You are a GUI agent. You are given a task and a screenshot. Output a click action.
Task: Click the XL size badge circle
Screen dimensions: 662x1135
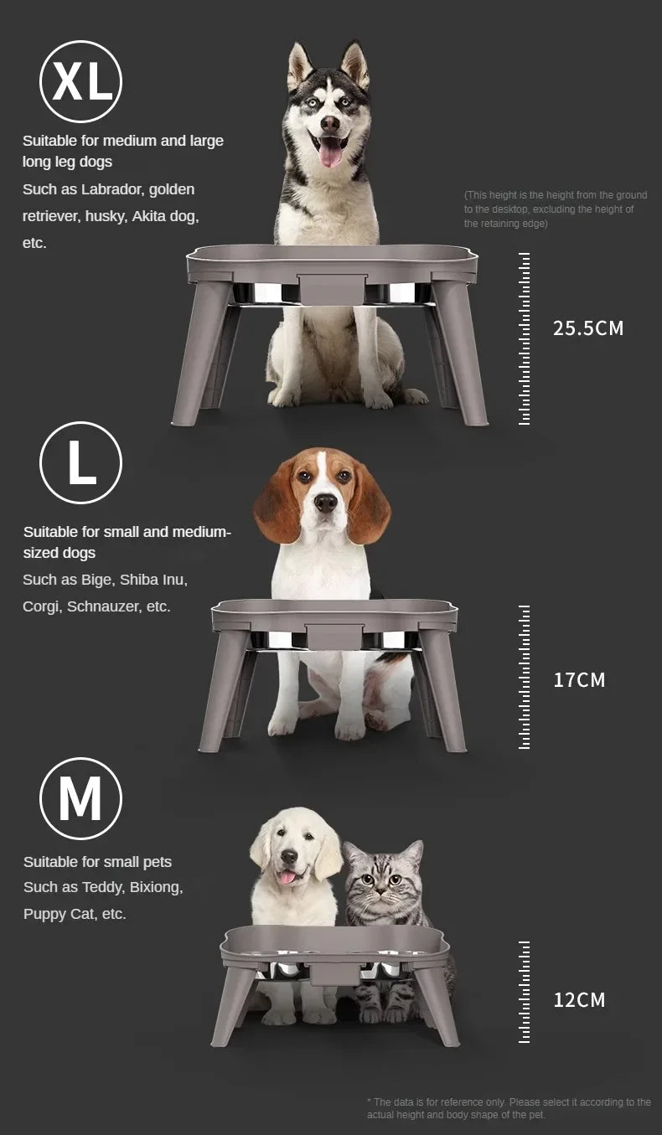[x=80, y=81]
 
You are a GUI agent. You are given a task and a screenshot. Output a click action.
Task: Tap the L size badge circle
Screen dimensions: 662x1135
[x=80, y=462]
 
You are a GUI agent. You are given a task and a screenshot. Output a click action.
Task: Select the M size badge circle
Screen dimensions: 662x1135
[x=80, y=798]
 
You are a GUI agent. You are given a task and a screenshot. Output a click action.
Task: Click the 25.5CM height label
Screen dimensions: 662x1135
[x=588, y=328]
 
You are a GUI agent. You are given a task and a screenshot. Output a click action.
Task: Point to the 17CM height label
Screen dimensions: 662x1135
[x=579, y=680]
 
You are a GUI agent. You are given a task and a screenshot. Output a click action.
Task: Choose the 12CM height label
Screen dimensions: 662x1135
[x=579, y=999]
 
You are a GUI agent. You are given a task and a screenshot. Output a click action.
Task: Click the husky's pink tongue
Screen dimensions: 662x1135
[x=330, y=151]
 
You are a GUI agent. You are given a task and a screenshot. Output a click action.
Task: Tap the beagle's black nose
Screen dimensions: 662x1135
[x=325, y=502]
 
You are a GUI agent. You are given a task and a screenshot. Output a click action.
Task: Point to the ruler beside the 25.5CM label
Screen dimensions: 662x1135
[x=524, y=338]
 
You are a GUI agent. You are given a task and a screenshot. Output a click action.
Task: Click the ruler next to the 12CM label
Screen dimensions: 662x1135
[x=524, y=992]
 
